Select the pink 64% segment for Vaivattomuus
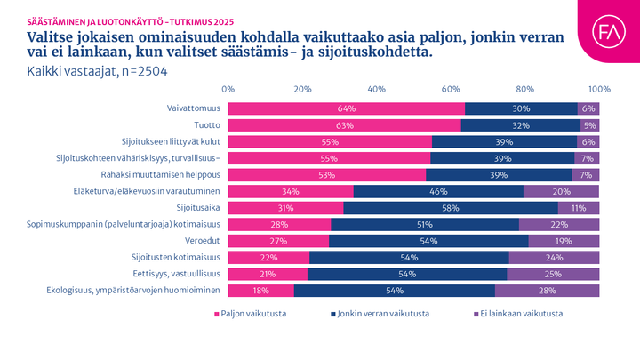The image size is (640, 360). coord(347,108)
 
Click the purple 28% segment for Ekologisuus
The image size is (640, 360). coord(547,290)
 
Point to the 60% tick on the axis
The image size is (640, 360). coord(451,90)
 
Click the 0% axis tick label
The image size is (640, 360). coord(228,90)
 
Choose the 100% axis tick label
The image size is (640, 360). coord(599,90)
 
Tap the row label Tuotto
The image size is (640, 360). coord(207,125)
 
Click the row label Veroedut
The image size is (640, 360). coord(202,240)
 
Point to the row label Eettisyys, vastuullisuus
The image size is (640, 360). coord(177,274)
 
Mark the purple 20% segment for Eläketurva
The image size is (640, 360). coord(562,191)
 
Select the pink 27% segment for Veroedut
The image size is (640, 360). coord(278,240)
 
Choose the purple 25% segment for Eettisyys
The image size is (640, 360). coord(553,274)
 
